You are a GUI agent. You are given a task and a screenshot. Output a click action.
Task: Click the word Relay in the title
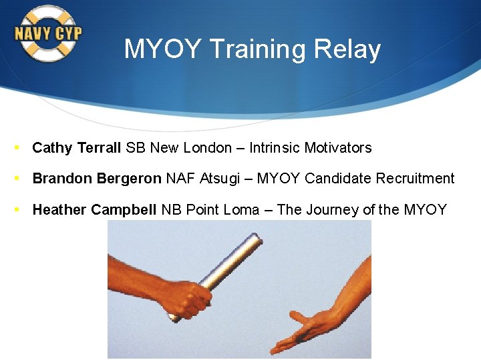350,49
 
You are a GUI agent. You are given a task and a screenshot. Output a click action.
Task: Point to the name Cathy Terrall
77,148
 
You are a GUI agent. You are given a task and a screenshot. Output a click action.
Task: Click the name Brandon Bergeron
97,179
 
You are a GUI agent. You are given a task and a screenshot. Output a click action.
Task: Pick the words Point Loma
222,210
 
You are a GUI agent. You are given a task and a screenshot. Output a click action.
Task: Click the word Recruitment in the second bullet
415,179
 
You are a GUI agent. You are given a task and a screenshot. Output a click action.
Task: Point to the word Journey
332,211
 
